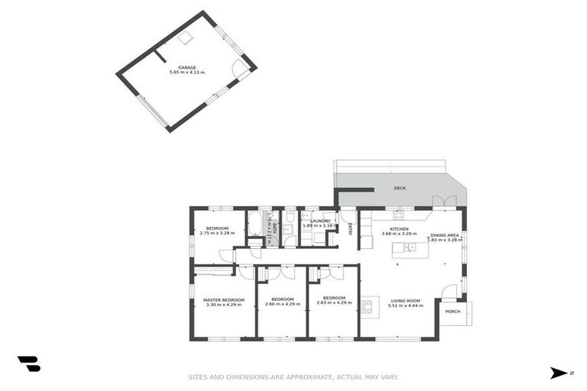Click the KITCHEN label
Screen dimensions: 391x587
point(399,228)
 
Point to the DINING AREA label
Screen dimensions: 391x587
point(444,235)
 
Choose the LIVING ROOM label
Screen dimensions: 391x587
point(406,299)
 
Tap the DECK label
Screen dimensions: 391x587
point(399,188)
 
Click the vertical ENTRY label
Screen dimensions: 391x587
point(350,227)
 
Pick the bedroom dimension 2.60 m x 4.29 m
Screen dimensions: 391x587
point(282,304)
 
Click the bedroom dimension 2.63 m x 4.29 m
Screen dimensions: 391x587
point(334,304)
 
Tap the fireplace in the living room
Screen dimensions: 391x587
point(368,307)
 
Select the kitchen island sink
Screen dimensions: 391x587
point(410,247)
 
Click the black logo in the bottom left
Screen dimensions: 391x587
point(28,364)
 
